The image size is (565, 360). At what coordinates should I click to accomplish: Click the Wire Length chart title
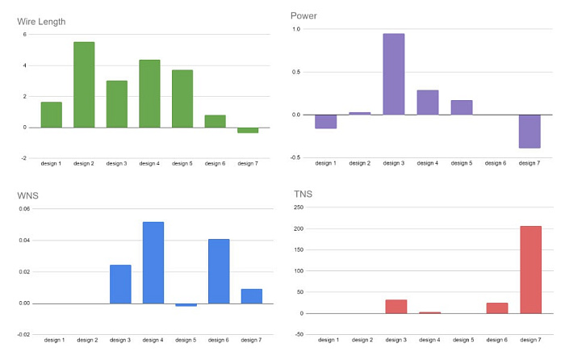click(41, 22)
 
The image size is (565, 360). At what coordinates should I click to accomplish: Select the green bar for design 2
click(84, 85)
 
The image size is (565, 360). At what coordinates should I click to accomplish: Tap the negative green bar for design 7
click(248, 130)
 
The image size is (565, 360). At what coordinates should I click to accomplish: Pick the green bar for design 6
click(216, 121)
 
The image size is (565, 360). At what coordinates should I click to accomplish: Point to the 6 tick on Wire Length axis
click(25, 35)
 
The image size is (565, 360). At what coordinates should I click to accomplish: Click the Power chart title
click(303, 16)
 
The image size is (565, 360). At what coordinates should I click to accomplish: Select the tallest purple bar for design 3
click(394, 74)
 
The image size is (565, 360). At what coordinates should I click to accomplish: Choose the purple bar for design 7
click(529, 132)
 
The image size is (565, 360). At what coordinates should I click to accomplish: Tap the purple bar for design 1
click(326, 121)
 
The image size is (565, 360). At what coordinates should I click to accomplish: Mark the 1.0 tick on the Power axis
click(296, 29)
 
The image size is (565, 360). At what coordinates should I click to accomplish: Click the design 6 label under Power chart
click(496, 163)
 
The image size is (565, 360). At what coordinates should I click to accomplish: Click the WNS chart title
click(27, 195)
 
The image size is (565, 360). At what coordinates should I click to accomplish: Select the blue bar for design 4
click(153, 262)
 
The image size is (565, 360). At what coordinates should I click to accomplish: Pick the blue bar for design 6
click(219, 271)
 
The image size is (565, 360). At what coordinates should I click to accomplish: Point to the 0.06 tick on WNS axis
click(24, 209)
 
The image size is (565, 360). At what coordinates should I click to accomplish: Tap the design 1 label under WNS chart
click(54, 340)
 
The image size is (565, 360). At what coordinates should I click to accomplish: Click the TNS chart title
click(303, 195)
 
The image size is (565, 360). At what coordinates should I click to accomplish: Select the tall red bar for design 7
click(531, 270)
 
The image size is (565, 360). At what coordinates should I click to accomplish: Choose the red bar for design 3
click(396, 307)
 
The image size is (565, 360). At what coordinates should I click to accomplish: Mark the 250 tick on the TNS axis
click(299, 207)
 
